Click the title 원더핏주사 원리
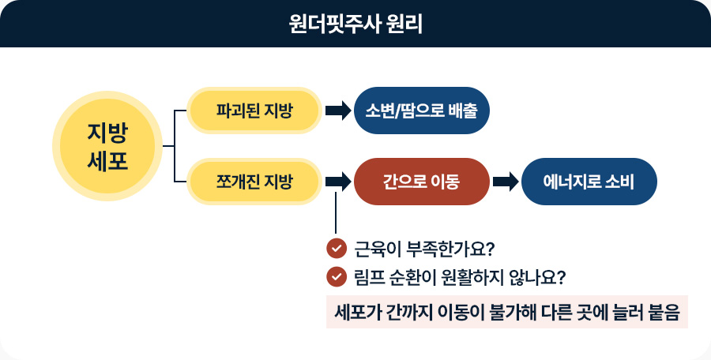[355, 24]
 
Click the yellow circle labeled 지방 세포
[107, 146]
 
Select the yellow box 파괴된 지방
[254, 110]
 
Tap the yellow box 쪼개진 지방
[254, 182]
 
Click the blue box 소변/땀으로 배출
[422, 110]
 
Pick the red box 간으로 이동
[421, 182]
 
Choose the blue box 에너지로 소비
[589, 182]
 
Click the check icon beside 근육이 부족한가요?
[337, 249]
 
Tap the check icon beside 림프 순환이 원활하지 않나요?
[337, 277]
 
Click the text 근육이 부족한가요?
[423, 249]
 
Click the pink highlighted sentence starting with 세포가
[507, 310]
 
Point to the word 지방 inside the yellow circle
[107, 131]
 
